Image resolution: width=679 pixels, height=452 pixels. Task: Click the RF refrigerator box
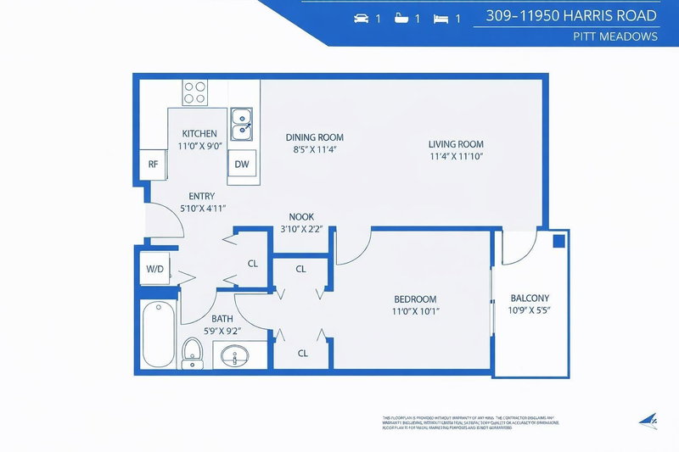click(x=154, y=165)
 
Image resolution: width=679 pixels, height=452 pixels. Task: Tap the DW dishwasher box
click(x=241, y=165)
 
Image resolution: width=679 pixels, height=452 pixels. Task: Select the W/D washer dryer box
click(x=154, y=269)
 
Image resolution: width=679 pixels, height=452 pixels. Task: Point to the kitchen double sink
click(x=242, y=123)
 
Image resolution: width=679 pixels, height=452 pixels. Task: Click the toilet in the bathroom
click(x=193, y=353)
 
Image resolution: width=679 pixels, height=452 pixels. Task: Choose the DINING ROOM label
click(x=314, y=137)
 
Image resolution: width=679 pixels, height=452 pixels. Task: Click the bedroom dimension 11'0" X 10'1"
click(x=415, y=312)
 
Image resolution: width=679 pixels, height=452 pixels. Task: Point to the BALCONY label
click(x=530, y=298)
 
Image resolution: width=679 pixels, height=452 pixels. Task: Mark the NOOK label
click(x=301, y=217)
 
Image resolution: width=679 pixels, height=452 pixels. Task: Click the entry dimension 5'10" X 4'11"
click(x=202, y=209)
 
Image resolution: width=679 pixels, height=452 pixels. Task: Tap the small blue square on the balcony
click(x=558, y=241)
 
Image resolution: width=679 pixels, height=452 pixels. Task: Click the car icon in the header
click(x=360, y=18)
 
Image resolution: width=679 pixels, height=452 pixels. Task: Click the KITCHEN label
click(x=199, y=134)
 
